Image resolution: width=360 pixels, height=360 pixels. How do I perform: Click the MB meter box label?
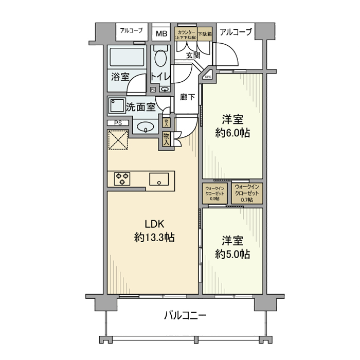161,34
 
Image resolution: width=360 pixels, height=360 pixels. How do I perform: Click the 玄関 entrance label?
193,55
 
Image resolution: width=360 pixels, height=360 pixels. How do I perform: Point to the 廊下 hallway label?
187,96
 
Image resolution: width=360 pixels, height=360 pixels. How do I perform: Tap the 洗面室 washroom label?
140,107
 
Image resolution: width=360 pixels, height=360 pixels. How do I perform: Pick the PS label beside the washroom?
118,123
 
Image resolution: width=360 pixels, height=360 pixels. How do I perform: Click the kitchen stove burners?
122,178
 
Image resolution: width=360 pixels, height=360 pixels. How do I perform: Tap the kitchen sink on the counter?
159,179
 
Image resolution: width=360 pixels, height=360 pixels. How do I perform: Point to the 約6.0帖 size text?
232,133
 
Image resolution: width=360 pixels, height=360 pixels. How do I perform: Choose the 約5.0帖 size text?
232,254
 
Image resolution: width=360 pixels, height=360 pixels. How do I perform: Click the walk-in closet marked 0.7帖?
247,193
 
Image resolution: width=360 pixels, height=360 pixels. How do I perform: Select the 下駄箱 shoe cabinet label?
205,34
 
